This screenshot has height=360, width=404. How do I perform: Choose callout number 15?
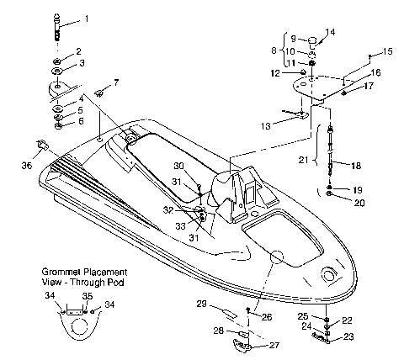pyautogui.click(x=388, y=52)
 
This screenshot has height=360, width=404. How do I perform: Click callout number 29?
pyautogui.click(x=202, y=303)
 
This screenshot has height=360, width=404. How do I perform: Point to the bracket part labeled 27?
pyautogui.click(x=243, y=338)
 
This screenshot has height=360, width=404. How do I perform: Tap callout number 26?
pyautogui.click(x=268, y=317)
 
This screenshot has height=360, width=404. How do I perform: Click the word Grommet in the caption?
pyautogui.click(x=61, y=273)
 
